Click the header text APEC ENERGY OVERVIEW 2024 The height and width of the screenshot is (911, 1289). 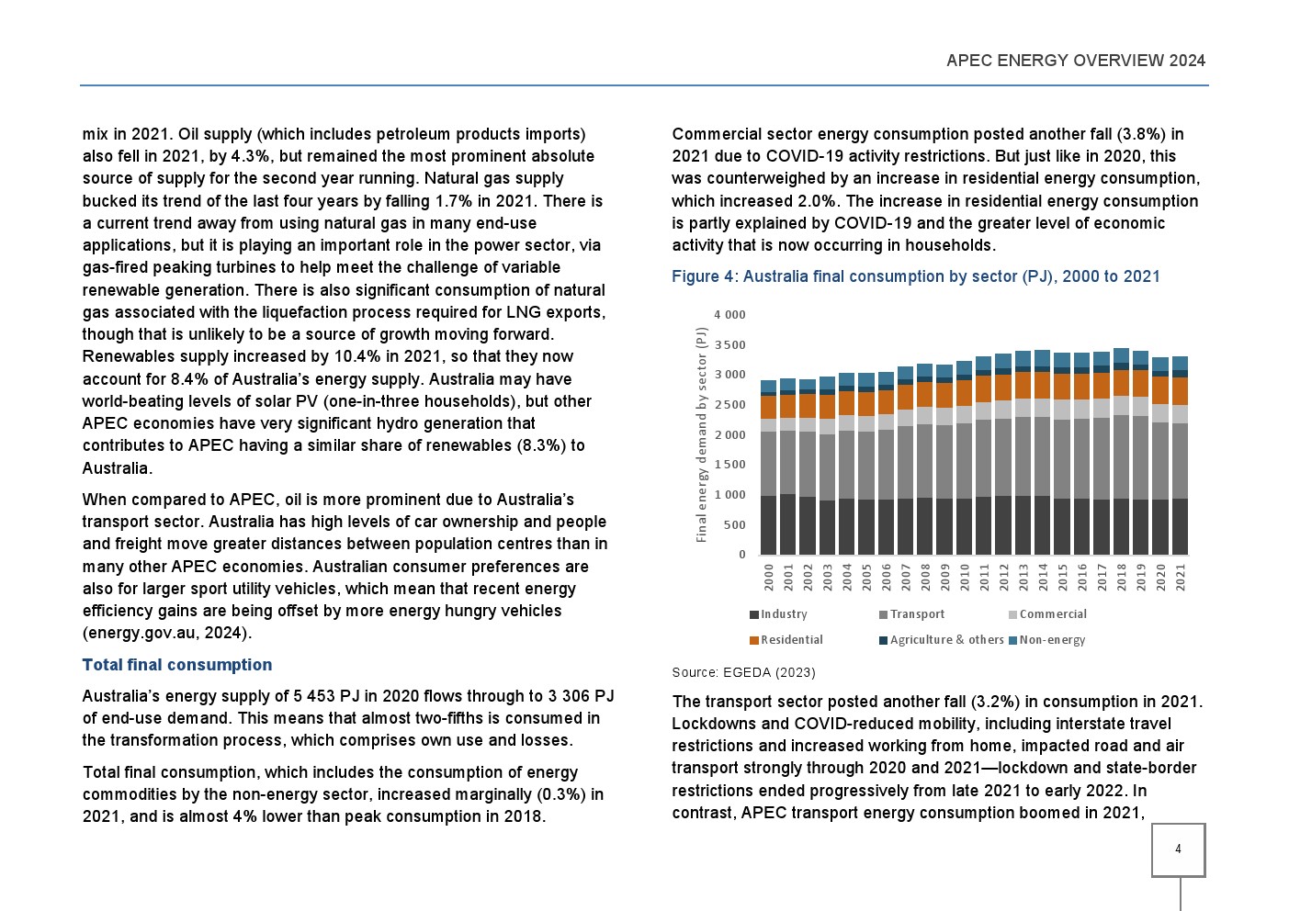(1075, 61)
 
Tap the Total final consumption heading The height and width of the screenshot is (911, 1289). (177, 665)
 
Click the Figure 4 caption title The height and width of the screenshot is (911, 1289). (915, 276)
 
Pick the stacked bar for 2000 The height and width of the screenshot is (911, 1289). (769, 467)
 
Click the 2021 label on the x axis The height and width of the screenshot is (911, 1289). (1181, 577)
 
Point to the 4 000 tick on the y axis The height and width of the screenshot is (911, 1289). (729, 315)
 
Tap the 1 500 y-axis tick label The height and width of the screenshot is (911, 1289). (729, 466)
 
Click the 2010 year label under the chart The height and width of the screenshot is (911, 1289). (965, 577)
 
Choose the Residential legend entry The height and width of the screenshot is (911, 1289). (790, 640)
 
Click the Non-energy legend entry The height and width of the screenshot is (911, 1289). (1051, 640)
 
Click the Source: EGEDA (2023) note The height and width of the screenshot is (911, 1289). (743, 672)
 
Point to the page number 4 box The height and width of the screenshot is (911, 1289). (1178, 849)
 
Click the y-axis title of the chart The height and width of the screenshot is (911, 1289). (702, 434)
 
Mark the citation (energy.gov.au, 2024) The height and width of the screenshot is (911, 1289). (166, 633)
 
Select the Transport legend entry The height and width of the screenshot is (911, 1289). (916, 614)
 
